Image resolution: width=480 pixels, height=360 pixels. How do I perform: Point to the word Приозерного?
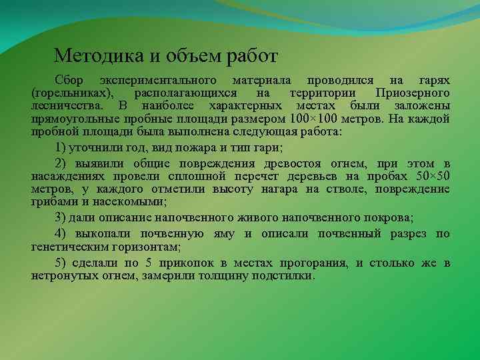tap(413, 92)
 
